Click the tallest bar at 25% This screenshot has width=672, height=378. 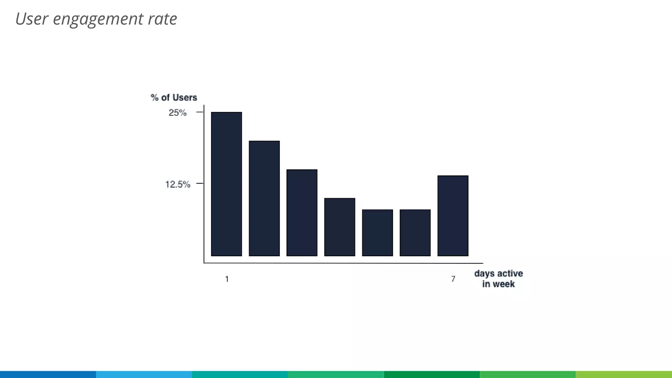coord(226,184)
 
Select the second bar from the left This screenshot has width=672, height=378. coord(264,198)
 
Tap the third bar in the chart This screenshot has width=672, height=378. coord(302,213)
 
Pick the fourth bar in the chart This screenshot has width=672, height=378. coord(340,227)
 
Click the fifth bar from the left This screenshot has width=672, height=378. coord(377,233)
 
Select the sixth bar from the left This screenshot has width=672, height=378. coord(415,233)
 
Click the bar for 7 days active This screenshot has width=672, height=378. coord(453,216)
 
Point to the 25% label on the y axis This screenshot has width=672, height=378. coord(178,113)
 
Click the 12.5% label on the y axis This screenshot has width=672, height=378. coord(178,184)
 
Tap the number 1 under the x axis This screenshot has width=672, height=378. coord(227,279)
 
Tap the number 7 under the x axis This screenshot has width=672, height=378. coord(453,279)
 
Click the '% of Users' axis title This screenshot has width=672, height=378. coord(174,97)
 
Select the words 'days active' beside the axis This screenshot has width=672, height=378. coord(498,273)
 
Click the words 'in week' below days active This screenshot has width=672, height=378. coord(498,284)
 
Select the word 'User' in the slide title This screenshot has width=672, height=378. coord(32,19)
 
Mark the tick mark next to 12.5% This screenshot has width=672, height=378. coord(199,183)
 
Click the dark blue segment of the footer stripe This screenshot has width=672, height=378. coord(48,374)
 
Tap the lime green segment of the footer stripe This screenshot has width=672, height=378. coord(623,374)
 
